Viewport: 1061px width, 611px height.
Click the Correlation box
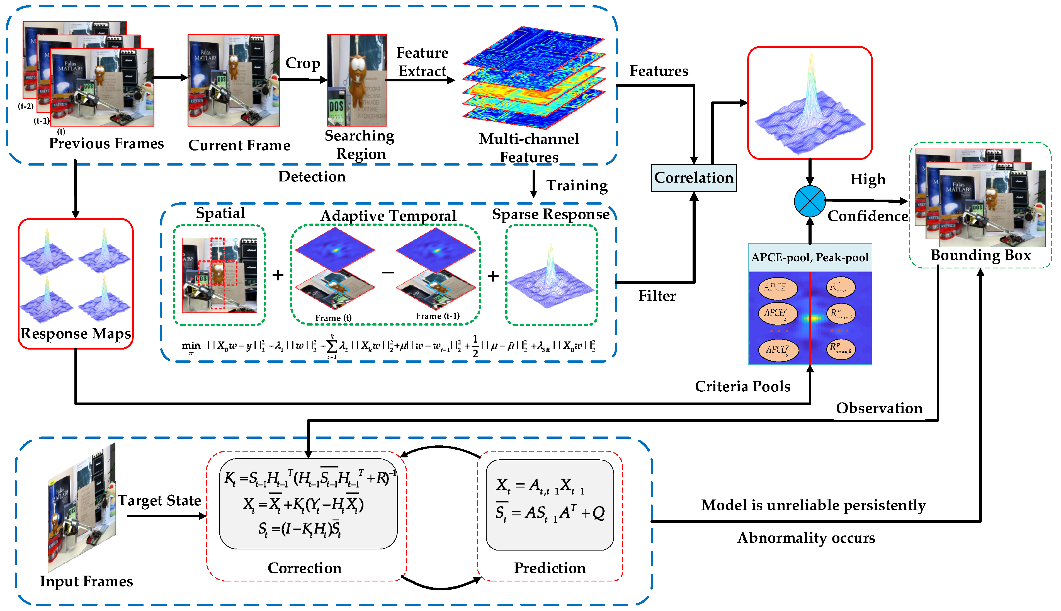click(x=693, y=178)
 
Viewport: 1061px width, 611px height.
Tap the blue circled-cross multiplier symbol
click(x=809, y=202)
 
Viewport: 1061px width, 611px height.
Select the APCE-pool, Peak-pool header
click(x=809, y=257)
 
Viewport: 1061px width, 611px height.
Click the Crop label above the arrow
click(x=302, y=63)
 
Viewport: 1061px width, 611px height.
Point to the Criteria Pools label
click(x=742, y=386)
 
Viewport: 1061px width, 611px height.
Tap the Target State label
click(x=159, y=500)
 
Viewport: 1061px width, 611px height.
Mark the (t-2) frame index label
click(x=26, y=106)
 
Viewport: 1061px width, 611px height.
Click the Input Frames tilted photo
click(x=82, y=508)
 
